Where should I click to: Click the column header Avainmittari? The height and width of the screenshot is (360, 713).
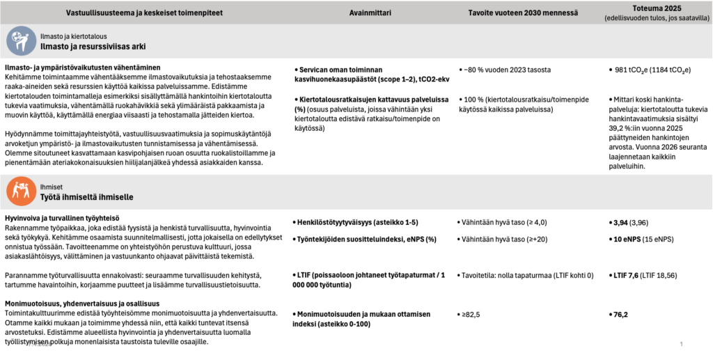tap(370, 13)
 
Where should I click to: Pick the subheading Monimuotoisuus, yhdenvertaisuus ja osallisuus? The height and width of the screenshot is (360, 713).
tap(82, 304)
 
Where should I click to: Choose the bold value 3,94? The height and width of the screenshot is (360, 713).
tap(620, 222)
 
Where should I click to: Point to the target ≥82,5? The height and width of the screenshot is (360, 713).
tap(473, 314)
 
